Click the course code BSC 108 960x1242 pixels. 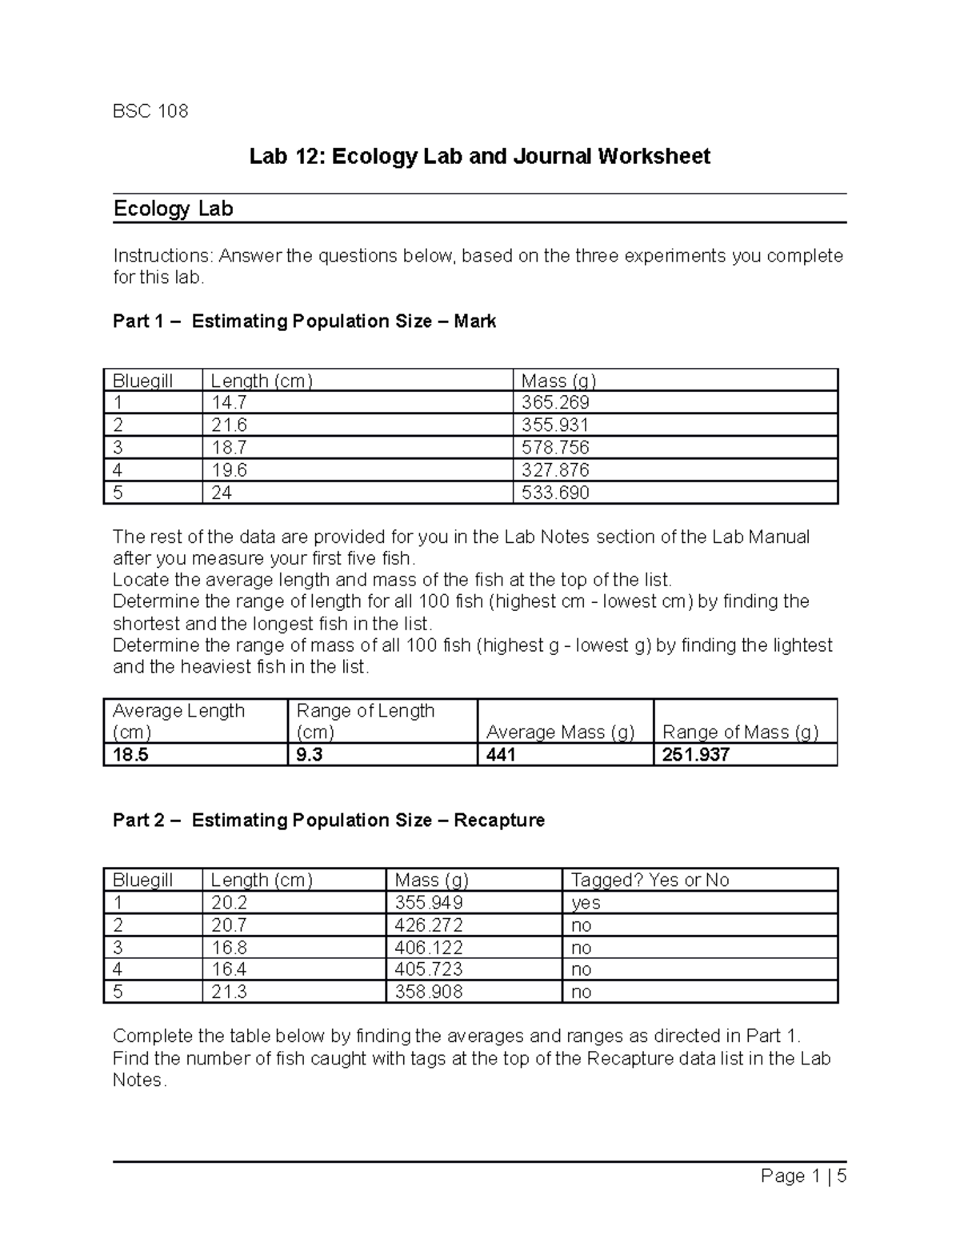(x=150, y=111)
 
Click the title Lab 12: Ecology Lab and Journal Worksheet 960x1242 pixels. (x=479, y=156)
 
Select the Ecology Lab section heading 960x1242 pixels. (x=173, y=209)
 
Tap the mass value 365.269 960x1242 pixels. (x=555, y=402)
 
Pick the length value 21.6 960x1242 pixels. (x=229, y=425)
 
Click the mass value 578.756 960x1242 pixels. (x=555, y=447)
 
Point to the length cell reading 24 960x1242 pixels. (x=222, y=493)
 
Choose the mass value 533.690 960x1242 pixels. (x=555, y=493)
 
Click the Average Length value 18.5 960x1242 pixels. (x=131, y=754)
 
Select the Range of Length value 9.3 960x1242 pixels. (x=309, y=754)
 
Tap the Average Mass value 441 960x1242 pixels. (x=501, y=754)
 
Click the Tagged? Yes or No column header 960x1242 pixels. (x=650, y=880)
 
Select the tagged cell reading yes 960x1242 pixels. (x=586, y=903)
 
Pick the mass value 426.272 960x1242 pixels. (x=429, y=925)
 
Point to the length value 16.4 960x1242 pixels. (x=229, y=969)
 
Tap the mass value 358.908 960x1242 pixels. (x=429, y=992)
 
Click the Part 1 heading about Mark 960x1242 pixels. (x=304, y=321)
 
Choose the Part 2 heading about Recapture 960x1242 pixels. (x=329, y=820)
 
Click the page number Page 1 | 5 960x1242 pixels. (x=803, y=1176)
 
